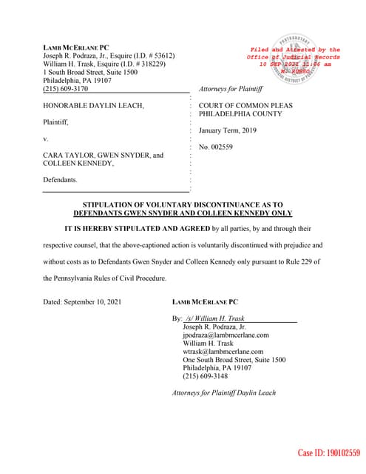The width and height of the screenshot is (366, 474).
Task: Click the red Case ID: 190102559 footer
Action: click(329, 453)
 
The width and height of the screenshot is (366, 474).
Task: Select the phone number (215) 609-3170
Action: click(65, 88)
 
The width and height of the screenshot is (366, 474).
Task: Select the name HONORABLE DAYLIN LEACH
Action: click(93, 106)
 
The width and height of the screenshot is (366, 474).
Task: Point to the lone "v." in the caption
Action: click(46, 138)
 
